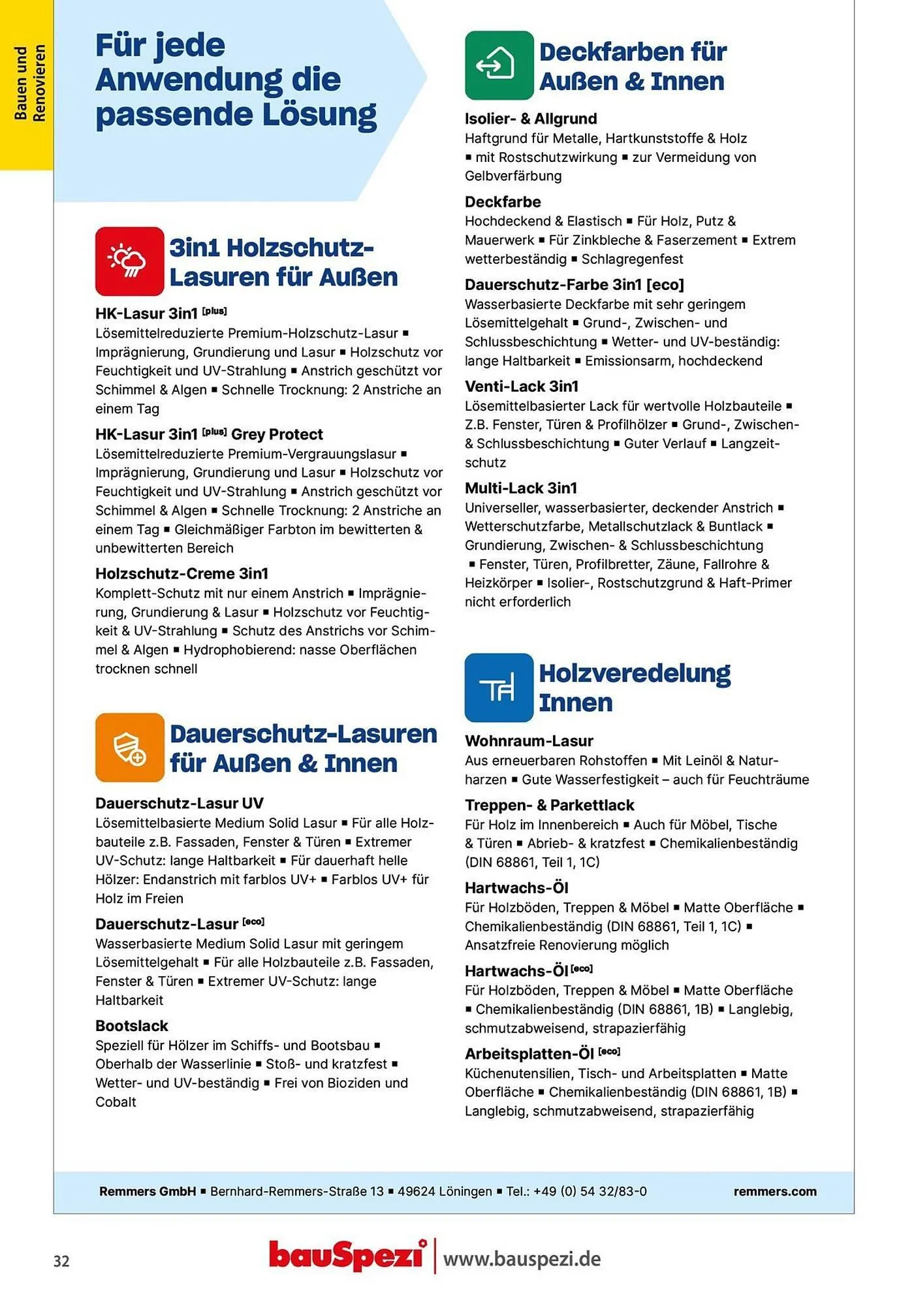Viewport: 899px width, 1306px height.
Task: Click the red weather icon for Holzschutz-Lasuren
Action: tap(129, 261)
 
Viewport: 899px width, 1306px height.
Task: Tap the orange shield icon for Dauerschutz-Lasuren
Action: tap(129, 747)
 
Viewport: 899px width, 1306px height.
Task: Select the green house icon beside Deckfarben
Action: tap(499, 65)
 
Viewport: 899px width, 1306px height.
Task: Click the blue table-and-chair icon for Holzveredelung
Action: tap(499, 688)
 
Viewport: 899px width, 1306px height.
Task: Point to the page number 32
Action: tap(61, 1261)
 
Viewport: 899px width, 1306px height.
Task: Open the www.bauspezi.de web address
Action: tap(522, 1258)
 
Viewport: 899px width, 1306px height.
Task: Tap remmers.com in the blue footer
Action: tap(774, 1191)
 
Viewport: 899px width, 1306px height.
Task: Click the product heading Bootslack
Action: tap(132, 1026)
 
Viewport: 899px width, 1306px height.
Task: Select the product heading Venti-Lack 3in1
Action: tap(521, 387)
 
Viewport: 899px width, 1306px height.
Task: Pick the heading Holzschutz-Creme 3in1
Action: tap(181, 573)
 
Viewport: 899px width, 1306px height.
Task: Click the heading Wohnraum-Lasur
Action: tap(529, 741)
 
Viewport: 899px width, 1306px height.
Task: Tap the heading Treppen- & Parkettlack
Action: tap(549, 805)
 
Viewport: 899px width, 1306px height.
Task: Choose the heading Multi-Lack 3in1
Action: tap(520, 488)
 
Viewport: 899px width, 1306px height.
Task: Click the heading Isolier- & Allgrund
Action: tap(530, 119)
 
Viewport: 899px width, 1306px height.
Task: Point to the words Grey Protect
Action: tap(277, 434)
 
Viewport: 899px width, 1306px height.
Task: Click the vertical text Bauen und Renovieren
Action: tap(29, 84)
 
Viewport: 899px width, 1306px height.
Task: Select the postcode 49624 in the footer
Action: tap(417, 1191)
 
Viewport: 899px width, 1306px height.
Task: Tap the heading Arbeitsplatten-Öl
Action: tap(529, 1054)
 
